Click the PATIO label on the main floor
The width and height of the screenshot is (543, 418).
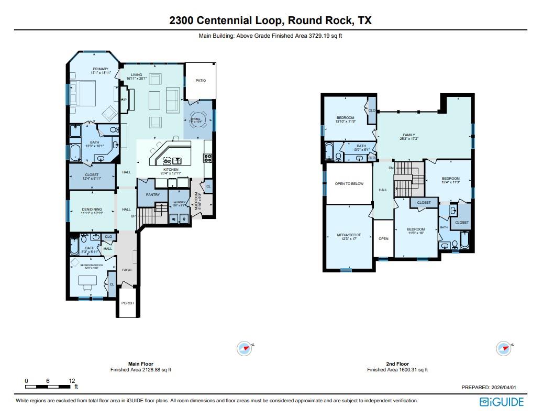tap(201, 81)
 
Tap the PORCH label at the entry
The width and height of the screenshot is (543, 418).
tap(127, 303)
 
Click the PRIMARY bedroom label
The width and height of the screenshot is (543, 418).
tap(101, 69)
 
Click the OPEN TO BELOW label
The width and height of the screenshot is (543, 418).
tap(349, 183)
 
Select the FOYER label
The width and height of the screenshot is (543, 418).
tap(127, 270)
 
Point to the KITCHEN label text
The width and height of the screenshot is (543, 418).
tap(171, 170)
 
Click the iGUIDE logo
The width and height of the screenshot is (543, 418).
tap(501, 402)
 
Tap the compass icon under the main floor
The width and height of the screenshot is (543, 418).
tap(244, 348)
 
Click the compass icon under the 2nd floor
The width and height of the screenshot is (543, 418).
tap(504, 348)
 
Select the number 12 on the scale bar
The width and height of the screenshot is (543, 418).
tap(72, 381)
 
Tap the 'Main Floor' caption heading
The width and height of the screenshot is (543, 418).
tap(140, 364)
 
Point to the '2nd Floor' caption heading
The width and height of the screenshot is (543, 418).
tap(397, 364)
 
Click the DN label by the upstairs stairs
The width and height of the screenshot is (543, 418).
tap(391, 168)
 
